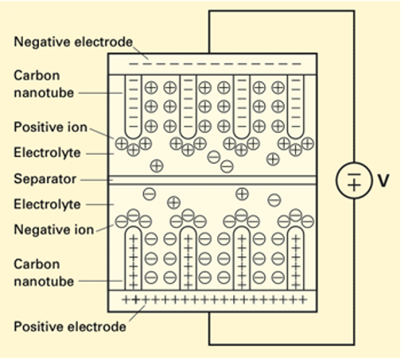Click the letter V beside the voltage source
[383, 181]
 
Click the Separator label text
[45, 179]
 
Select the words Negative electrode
[73, 42]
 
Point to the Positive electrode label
[70, 327]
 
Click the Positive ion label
[50, 127]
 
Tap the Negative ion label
[54, 229]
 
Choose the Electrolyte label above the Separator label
[47, 153]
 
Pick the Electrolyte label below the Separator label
[47, 205]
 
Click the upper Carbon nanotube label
[44, 84]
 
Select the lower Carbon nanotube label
[44, 272]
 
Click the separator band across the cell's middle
[212, 180]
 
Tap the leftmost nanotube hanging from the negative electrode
[133, 107]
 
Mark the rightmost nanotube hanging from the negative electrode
[295, 107]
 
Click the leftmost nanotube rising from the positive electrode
[133, 258]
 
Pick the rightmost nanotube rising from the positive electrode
[295, 258]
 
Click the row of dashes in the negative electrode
[215, 64]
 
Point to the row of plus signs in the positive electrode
[215, 300]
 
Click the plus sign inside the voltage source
[354, 185]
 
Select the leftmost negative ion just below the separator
[150, 194]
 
